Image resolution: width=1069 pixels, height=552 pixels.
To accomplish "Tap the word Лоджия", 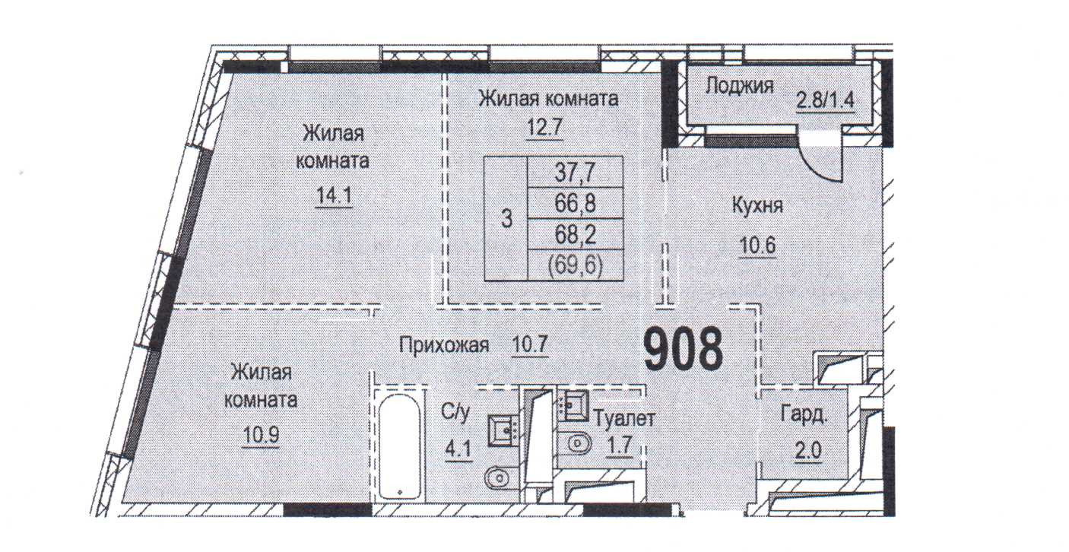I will point(739,85).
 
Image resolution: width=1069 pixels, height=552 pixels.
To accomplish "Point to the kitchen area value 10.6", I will point(757,246).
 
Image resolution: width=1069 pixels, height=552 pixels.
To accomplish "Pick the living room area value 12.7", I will point(544,126).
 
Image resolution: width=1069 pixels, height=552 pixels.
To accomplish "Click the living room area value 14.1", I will point(335,196).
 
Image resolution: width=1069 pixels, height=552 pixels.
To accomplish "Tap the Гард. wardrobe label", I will point(805,415).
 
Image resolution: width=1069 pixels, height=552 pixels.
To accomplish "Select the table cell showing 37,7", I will point(575,172).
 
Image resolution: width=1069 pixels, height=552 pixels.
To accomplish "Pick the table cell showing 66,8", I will point(575,203).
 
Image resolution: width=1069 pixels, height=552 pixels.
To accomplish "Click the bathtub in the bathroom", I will point(400,447).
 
